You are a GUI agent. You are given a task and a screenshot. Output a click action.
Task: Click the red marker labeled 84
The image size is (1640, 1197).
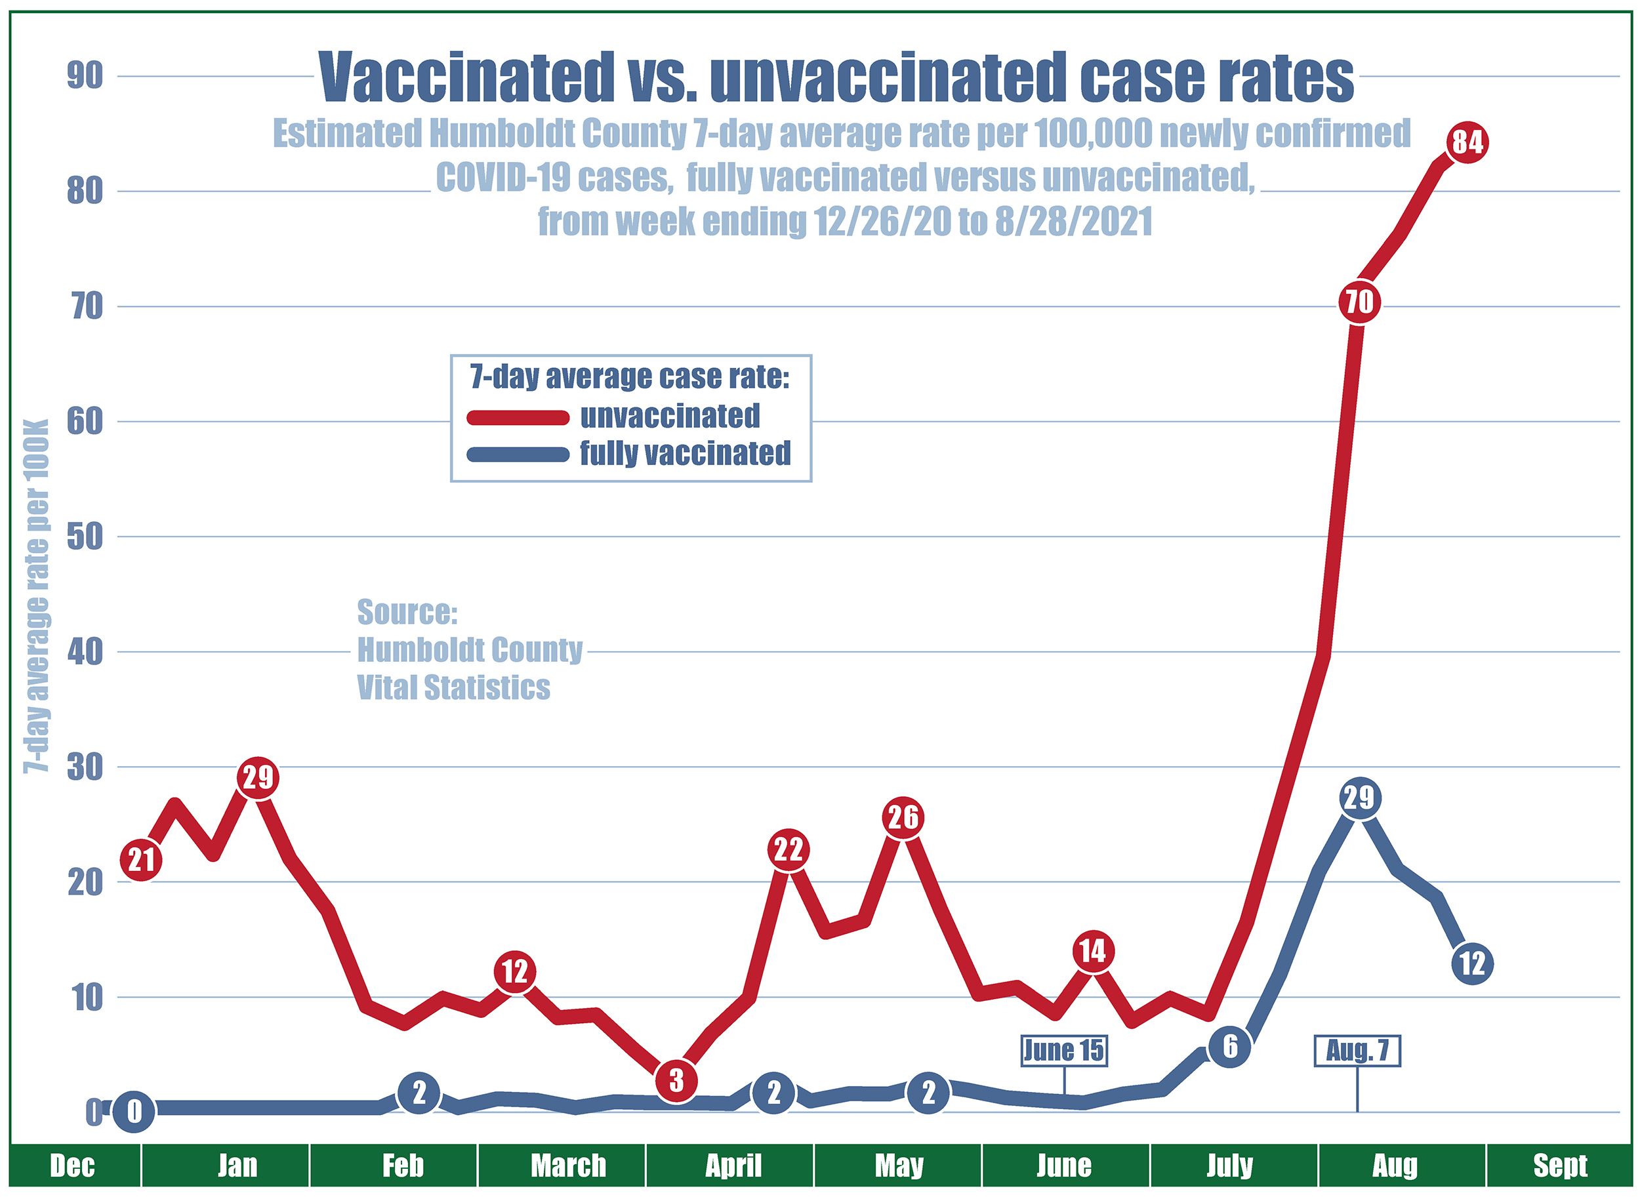[x=1466, y=142]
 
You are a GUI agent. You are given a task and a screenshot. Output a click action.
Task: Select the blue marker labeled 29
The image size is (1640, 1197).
[x=1359, y=798]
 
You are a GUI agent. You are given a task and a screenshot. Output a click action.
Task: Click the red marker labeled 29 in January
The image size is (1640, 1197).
[x=258, y=777]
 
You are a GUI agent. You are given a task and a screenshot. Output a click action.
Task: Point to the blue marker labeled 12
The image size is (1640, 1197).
[x=1472, y=964]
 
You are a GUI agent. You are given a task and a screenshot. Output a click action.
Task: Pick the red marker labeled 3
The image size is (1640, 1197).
[x=676, y=1081]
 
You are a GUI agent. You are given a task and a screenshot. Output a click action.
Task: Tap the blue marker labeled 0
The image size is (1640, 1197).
[x=134, y=1112]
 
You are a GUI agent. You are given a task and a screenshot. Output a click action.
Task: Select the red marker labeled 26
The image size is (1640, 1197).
[x=902, y=818]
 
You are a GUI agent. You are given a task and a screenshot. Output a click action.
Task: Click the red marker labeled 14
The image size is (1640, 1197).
[x=1092, y=951]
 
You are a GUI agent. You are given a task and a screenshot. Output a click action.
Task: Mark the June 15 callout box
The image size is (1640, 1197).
[x=1064, y=1050]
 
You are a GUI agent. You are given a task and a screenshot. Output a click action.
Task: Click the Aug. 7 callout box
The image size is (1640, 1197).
[x=1357, y=1051]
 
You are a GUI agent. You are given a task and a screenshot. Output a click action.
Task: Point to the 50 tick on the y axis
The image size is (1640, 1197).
[x=84, y=537]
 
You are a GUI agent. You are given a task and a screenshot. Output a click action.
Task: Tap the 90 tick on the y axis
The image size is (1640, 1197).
[x=84, y=77]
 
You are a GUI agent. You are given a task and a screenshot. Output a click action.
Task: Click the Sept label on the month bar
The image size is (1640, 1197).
[x=1559, y=1166]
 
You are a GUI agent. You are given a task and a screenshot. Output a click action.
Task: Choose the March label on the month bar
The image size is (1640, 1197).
[x=568, y=1166]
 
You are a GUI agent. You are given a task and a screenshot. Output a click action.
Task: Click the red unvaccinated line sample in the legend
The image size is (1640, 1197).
[x=518, y=417]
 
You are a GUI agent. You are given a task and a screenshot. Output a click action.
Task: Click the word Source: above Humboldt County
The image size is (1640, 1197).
[x=407, y=612]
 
